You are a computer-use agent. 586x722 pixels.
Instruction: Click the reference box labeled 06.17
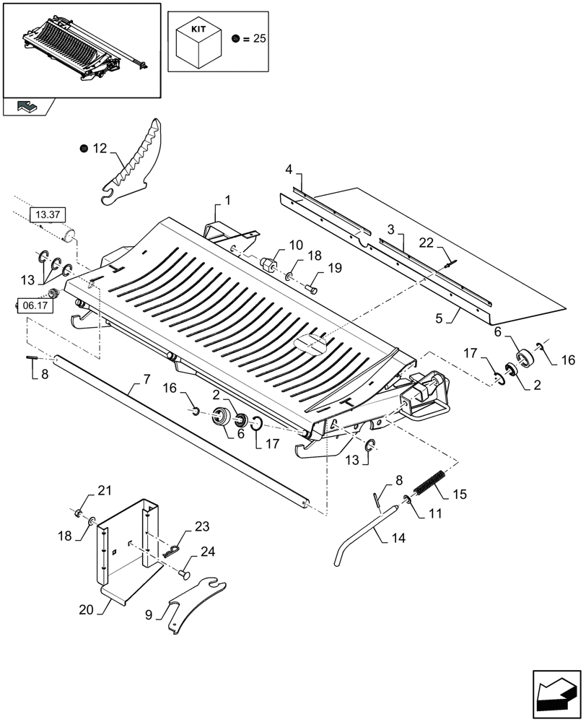pos(33,305)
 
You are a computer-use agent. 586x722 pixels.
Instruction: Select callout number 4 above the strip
pos(289,170)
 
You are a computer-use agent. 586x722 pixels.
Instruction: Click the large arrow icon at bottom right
pos(555,692)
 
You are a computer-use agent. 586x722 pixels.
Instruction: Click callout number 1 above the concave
pos(227,200)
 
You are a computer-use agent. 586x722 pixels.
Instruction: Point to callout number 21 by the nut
pos(105,492)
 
